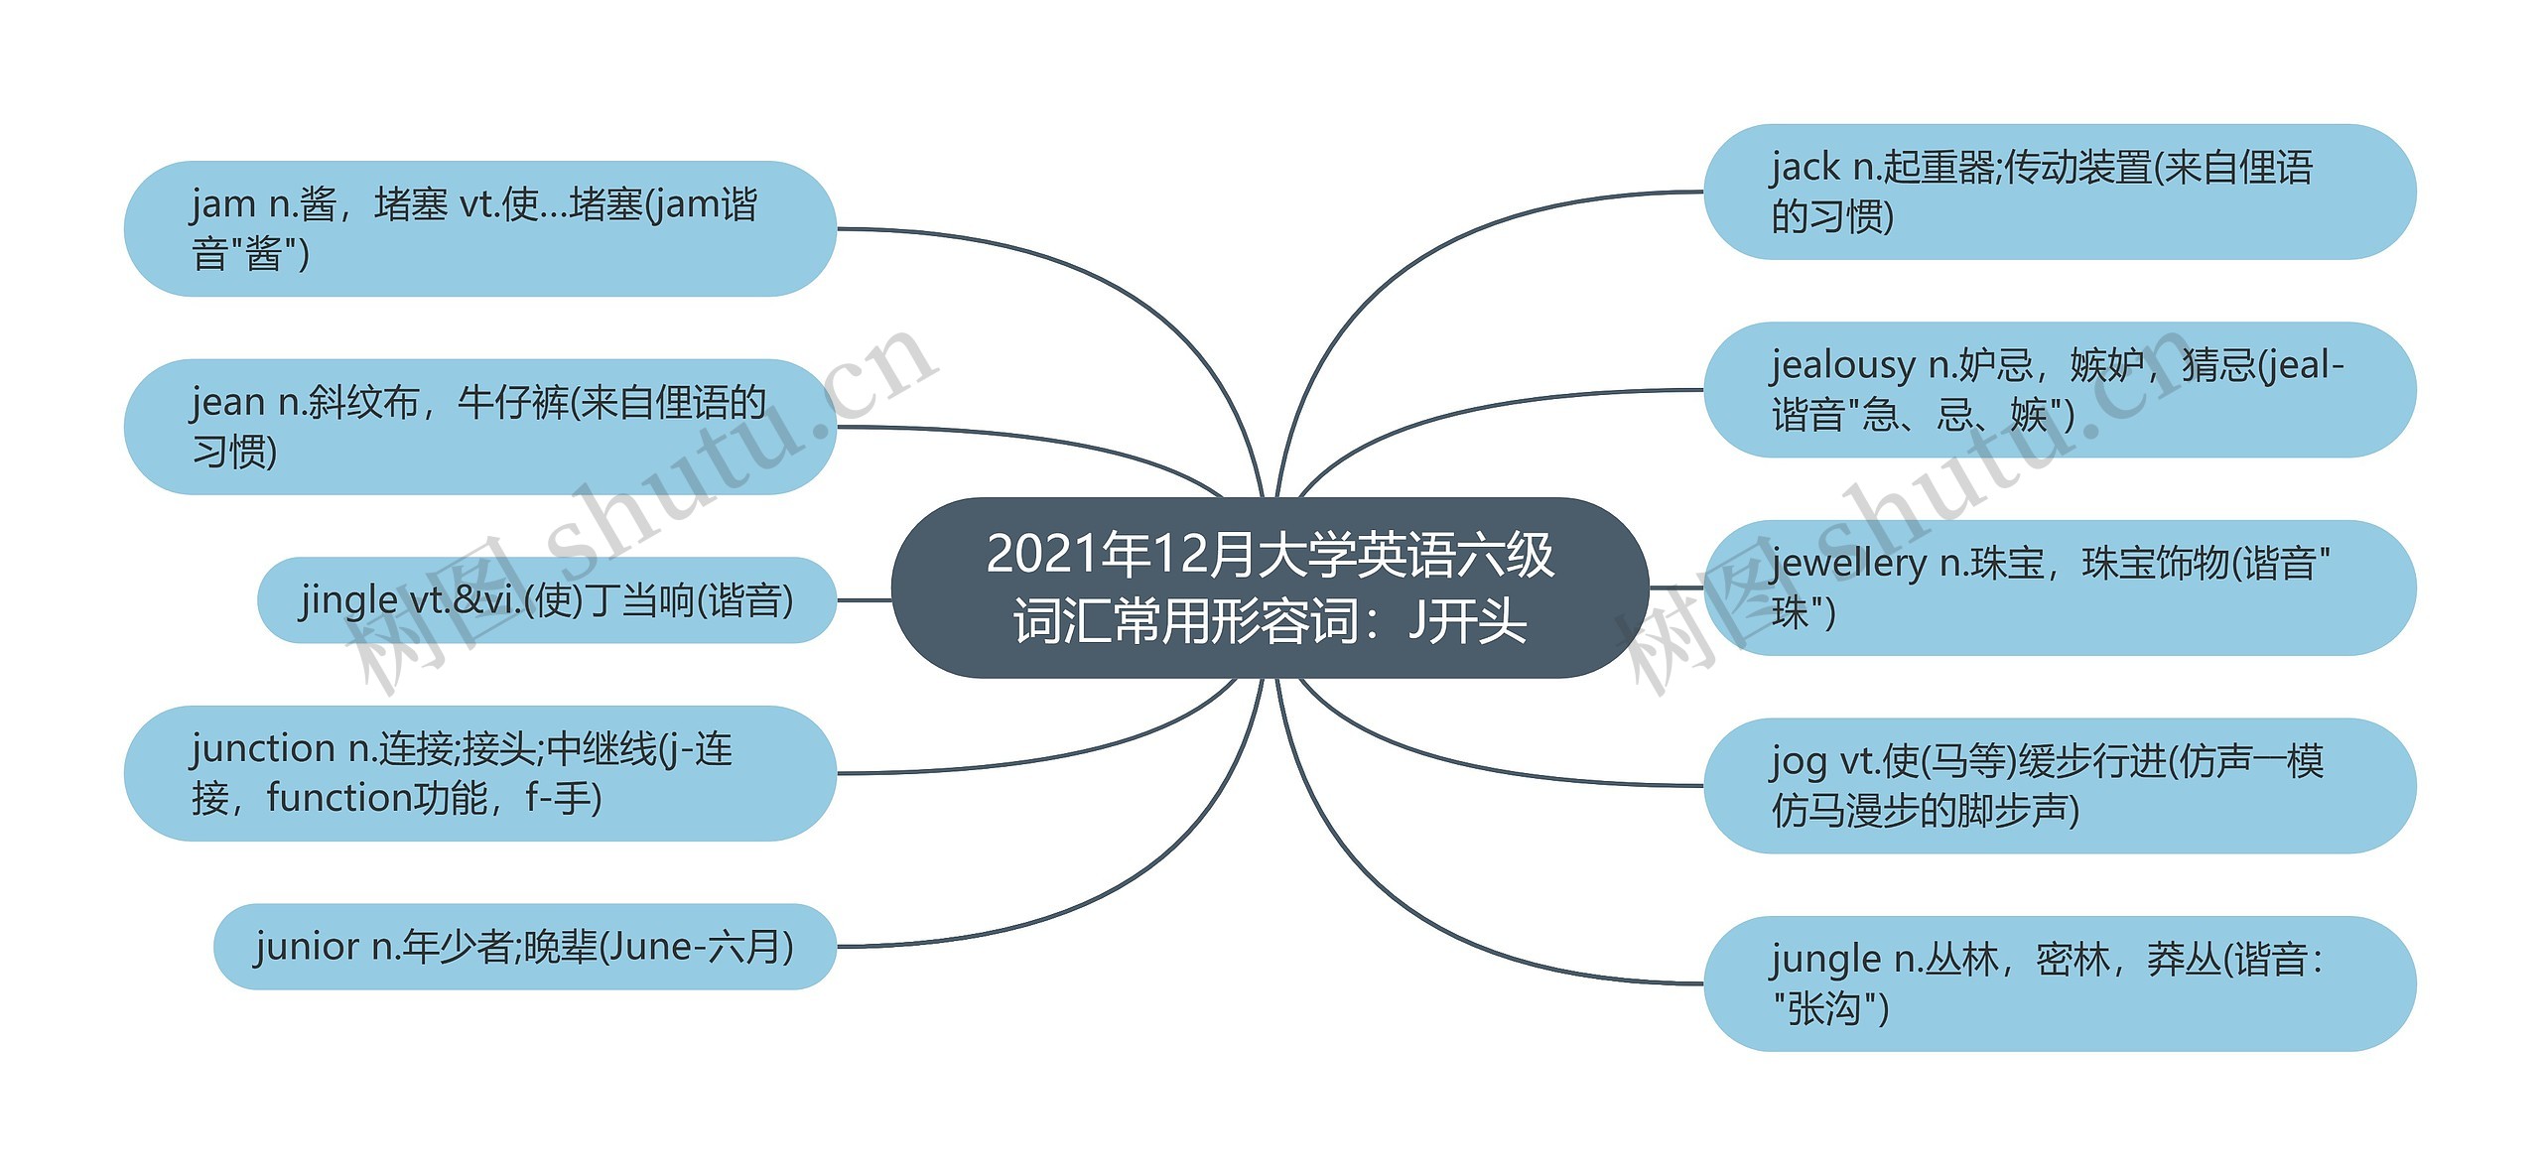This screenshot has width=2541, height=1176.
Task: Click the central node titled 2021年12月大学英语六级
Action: (1270, 588)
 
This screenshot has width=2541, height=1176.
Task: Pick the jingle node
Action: (546, 600)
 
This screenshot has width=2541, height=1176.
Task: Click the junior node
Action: (524, 947)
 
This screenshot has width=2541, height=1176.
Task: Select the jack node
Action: (2060, 192)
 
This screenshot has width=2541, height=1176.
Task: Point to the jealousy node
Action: (2060, 390)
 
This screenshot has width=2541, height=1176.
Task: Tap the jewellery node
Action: (2060, 588)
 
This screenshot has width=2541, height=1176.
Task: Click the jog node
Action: (2060, 785)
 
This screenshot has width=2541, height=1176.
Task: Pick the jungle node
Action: (2060, 983)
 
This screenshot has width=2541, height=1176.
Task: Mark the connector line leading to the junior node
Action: (1092, 893)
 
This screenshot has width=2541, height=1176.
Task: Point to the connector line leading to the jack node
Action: (1439, 258)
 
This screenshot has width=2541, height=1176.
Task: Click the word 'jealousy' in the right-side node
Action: (1842, 366)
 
